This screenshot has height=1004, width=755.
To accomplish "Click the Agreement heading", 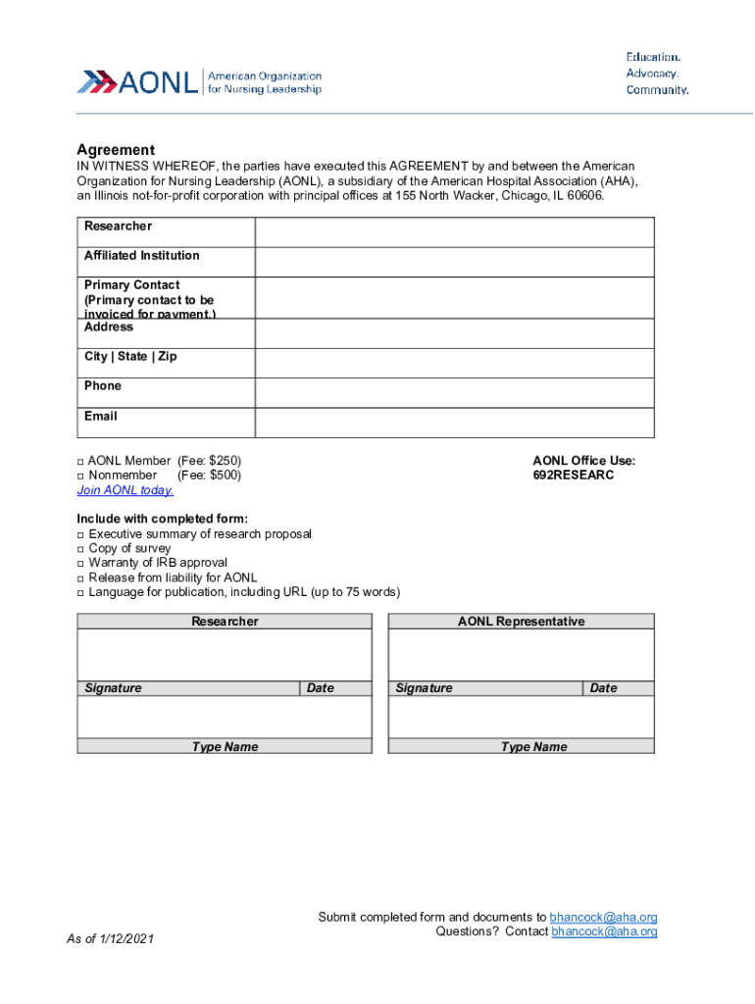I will (116, 150).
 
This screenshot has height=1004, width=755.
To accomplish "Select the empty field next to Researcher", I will (454, 232).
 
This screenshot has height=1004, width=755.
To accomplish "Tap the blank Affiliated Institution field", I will (454, 262).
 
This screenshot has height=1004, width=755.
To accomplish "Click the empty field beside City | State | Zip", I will (454, 363).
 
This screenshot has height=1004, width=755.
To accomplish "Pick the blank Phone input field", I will (454, 392).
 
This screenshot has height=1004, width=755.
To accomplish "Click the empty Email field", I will (454, 423).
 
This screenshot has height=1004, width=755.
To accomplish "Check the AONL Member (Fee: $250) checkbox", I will (81, 461).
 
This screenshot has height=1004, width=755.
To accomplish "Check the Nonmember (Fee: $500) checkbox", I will (81, 476).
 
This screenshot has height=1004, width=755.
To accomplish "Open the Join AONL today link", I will (126, 490).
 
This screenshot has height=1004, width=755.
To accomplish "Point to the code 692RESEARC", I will (574, 476).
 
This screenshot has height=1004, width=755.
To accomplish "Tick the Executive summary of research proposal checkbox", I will (81, 534).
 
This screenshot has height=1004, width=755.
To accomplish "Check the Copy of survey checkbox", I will (81, 549).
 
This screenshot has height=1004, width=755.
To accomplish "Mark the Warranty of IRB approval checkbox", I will (81, 564).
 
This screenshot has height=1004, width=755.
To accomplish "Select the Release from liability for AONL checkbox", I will (81, 578).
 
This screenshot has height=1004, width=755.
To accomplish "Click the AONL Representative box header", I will (521, 622).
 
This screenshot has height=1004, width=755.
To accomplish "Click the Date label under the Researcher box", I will (321, 688).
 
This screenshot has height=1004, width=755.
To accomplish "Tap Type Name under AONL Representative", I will (533, 747).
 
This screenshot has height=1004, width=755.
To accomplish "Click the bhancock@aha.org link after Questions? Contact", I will (604, 931).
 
